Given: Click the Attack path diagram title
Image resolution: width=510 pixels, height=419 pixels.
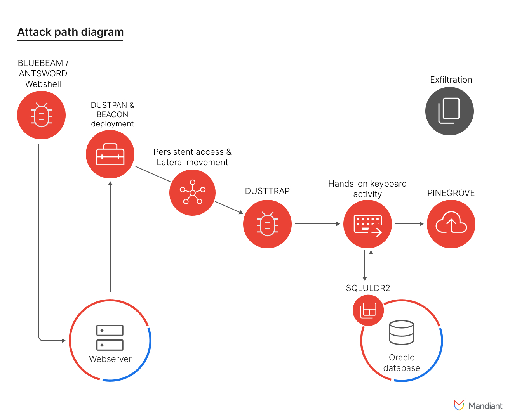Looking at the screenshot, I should tap(70, 32).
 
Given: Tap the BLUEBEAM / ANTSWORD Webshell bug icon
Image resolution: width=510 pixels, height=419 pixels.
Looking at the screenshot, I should tap(41, 115).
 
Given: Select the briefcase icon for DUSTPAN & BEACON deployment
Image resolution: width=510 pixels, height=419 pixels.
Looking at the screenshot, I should tap(110, 154).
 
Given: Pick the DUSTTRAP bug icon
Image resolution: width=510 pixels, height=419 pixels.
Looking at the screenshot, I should tap(267, 224).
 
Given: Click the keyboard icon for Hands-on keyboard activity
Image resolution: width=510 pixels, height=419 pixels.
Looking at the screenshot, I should tap(367, 224).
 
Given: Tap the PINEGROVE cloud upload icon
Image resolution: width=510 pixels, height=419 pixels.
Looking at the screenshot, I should tap(451, 224).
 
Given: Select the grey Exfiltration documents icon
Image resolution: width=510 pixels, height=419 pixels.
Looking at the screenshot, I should tap(449, 111).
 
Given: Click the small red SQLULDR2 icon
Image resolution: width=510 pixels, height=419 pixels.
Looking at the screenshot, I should tap(368, 310).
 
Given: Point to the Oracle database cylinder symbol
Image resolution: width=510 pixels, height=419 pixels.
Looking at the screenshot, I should tap(402, 332).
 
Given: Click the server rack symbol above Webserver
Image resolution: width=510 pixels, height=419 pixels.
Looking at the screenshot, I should tap(110, 338).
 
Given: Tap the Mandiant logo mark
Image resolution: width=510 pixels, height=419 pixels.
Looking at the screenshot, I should tap(459, 405).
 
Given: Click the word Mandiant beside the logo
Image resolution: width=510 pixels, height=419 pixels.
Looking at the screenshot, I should tap(485, 406).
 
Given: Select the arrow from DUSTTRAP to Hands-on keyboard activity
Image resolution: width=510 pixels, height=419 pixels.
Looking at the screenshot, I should tap(317, 224).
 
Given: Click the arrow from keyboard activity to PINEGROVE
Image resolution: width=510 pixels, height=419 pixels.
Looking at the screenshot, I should tap(409, 224).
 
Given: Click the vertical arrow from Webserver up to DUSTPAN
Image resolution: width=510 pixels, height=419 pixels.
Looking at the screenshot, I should tap(110, 237).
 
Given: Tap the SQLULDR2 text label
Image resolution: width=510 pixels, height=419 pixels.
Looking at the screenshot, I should tap(368, 288).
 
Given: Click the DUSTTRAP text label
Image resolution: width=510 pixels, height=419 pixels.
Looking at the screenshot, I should tap(267, 191).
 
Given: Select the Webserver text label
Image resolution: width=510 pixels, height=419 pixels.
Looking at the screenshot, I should tap(110, 359).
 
